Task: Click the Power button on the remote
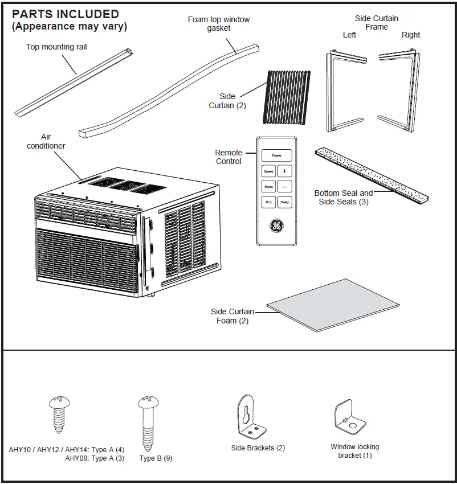pos(276,155)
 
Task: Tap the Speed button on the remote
pos(268,171)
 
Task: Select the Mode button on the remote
pos(268,186)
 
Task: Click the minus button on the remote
pos(285,186)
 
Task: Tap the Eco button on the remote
pos(268,202)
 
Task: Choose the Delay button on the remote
pos(285,202)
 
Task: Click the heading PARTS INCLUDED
pos(66,14)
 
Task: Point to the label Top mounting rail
pos(56,47)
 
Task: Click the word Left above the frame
pos(349,35)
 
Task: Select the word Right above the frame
pos(410,35)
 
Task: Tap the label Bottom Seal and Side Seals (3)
pos(343,197)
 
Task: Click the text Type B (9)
pos(155,458)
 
